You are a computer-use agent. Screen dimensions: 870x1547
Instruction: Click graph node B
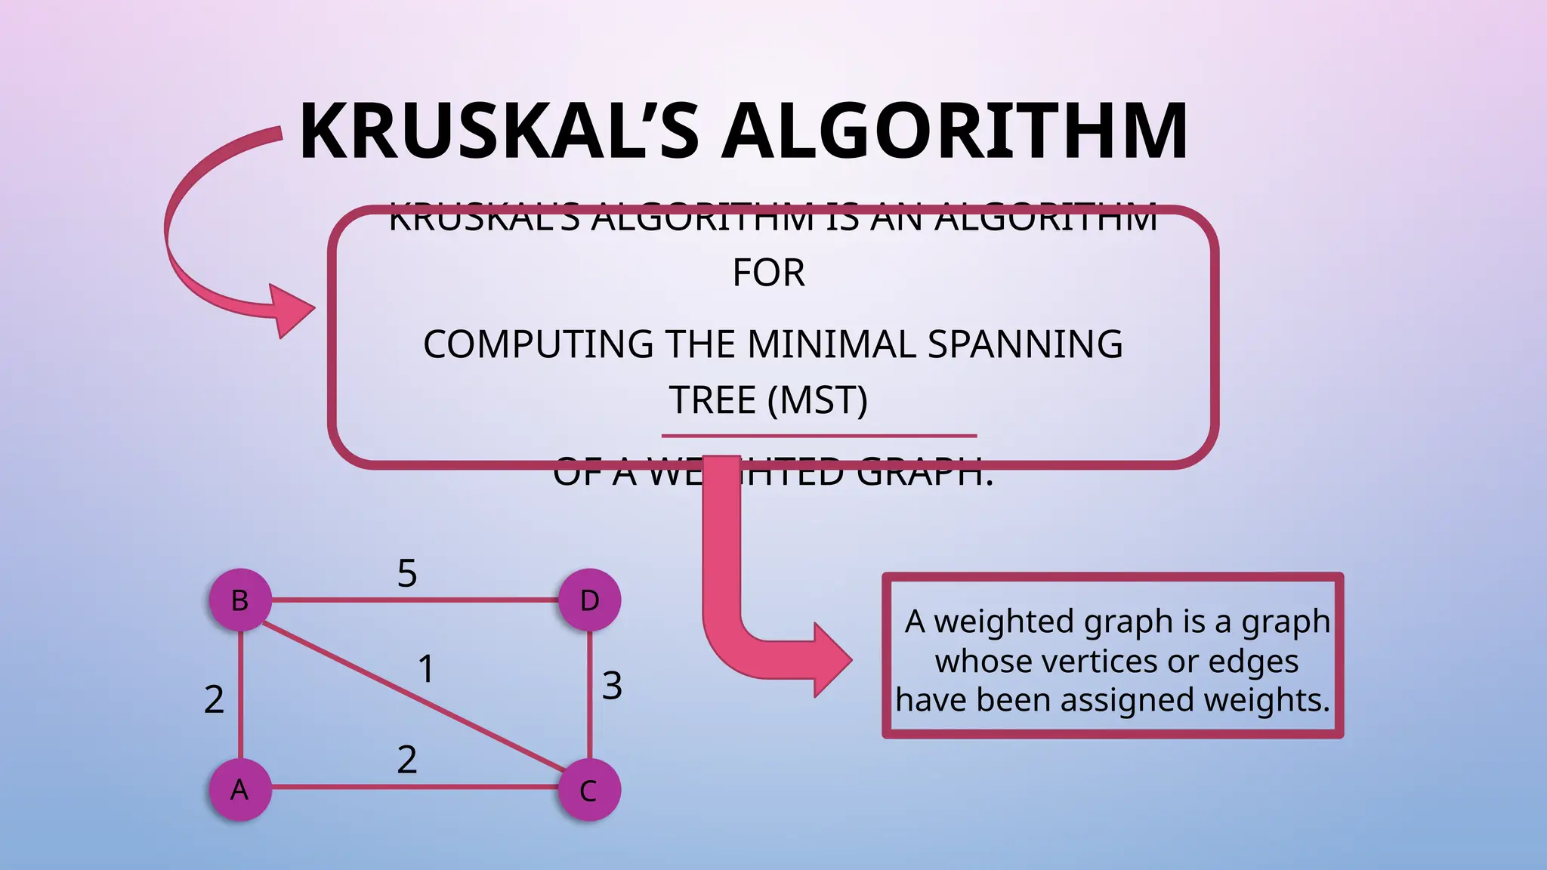pyautogui.click(x=240, y=600)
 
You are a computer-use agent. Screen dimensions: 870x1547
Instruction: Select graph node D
pyautogui.click(x=589, y=600)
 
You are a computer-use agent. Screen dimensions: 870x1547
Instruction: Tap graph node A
pyautogui.click(x=240, y=790)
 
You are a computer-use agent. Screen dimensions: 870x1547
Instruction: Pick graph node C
pyautogui.click(x=589, y=791)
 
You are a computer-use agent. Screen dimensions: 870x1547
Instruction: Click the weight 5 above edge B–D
pyautogui.click(x=407, y=573)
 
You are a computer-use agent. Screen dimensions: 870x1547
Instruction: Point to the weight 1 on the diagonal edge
pyautogui.click(x=426, y=669)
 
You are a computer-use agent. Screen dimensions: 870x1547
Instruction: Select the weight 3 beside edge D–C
pyautogui.click(x=612, y=686)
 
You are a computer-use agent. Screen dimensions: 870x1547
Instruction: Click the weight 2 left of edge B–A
pyautogui.click(x=214, y=699)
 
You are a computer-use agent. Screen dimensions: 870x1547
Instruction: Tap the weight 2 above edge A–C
pyautogui.click(x=407, y=759)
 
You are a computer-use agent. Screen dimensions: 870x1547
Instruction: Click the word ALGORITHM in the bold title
pyautogui.click(x=955, y=131)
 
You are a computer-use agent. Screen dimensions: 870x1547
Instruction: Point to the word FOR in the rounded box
pyautogui.click(x=768, y=273)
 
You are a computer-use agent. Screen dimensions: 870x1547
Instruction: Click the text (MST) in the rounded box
pyautogui.click(x=817, y=400)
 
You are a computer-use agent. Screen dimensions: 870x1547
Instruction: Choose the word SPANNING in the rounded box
pyautogui.click(x=1025, y=344)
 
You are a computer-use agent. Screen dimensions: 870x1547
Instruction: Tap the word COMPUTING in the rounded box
pyautogui.click(x=538, y=344)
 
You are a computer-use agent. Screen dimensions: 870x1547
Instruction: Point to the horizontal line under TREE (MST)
pyautogui.click(x=819, y=436)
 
